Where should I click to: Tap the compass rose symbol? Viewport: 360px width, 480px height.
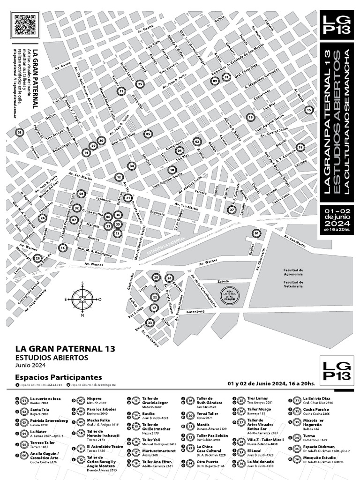[x=82, y=299]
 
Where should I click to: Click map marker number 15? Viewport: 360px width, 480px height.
[x=308, y=110]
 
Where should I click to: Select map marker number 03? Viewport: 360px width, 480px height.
[x=20, y=133]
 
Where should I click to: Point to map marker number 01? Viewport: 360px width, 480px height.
[x=256, y=233]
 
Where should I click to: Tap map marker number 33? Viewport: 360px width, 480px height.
[x=150, y=322]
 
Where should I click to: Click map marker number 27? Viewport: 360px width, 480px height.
[x=232, y=210]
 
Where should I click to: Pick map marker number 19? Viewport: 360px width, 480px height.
[x=250, y=117]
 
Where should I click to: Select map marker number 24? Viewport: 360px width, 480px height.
[x=43, y=218]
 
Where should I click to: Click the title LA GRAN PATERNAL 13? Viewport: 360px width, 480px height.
[x=65, y=349]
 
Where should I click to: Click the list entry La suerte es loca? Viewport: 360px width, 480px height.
[x=45, y=398]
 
